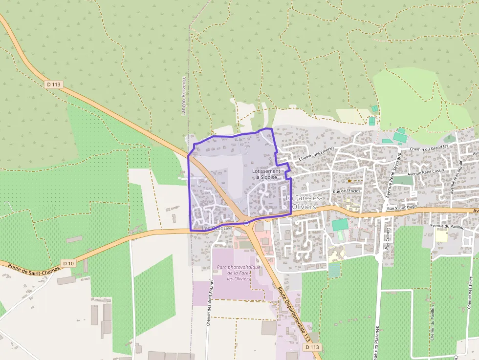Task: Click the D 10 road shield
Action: (x=69, y=263)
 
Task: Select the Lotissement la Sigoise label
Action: (x=267, y=174)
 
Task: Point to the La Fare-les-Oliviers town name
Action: (x=303, y=202)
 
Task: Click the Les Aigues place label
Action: (x=218, y=228)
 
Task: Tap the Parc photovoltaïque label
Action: (x=239, y=273)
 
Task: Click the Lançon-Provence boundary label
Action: (x=184, y=95)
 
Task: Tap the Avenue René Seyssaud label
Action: (x=392, y=174)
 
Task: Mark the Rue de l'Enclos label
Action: (x=346, y=191)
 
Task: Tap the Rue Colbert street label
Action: (x=388, y=239)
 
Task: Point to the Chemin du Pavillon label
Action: (x=433, y=322)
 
